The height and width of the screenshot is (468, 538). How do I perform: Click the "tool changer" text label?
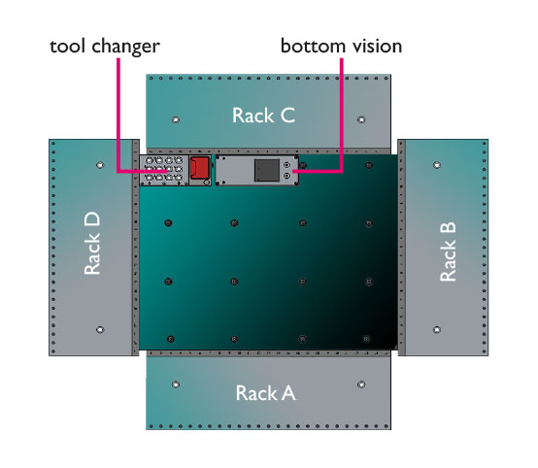coord(105,47)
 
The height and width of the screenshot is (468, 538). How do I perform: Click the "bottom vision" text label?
coord(342,46)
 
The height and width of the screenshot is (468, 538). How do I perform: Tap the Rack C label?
coord(263,116)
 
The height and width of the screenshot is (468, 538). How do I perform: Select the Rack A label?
coord(265,393)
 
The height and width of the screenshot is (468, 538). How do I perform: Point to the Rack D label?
coord(92,243)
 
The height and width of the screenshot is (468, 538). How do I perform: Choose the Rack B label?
coord(448,251)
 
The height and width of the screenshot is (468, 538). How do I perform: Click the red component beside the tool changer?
coord(199,168)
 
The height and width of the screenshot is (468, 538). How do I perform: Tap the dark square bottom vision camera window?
coord(267,170)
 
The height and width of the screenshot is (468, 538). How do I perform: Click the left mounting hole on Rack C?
coord(176,119)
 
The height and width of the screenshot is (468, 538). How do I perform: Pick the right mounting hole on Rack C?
coord(361,119)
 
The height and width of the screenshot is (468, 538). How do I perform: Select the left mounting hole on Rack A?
coord(176,384)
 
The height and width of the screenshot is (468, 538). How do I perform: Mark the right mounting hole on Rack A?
coord(361,384)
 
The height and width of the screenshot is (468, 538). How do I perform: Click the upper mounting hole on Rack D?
coord(100,165)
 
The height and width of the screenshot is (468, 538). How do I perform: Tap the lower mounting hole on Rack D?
coord(100,330)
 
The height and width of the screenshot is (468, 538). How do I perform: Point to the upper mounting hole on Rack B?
coord(437,165)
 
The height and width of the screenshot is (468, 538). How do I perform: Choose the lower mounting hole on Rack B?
coord(437,330)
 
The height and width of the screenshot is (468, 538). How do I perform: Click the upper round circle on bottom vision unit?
coord(287,165)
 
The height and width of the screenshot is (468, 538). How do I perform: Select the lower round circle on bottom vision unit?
coord(287,176)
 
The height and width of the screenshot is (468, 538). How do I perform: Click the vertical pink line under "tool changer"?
coord(118,115)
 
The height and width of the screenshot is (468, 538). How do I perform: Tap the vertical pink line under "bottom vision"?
coord(342,115)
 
